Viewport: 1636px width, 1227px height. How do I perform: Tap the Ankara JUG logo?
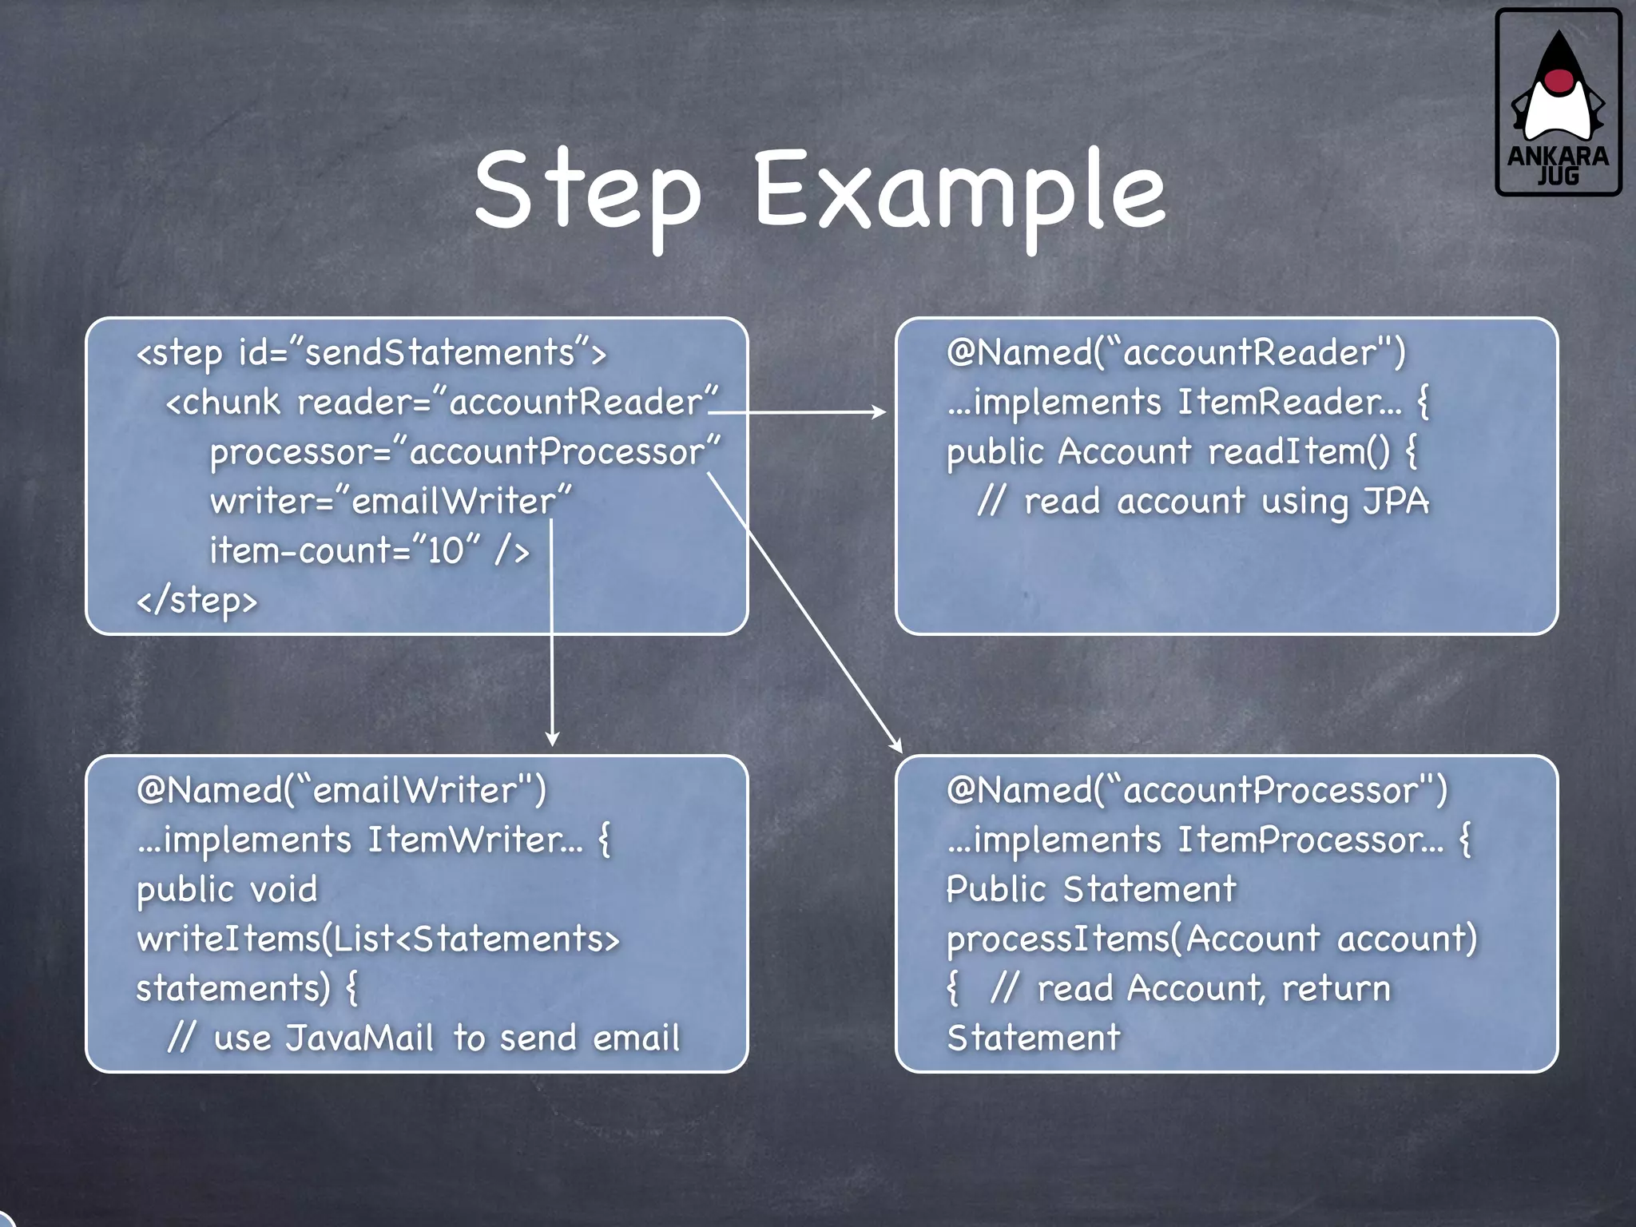point(1558,102)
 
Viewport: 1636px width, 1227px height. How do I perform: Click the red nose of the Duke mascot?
point(1558,80)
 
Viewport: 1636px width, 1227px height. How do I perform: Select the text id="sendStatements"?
point(407,352)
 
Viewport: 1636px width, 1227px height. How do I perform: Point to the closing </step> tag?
point(197,601)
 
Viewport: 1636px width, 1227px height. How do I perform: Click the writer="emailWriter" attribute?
point(391,501)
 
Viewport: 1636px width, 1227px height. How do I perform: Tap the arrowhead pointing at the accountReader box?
point(880,412)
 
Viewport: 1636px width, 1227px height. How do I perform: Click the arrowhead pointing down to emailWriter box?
point(552,739)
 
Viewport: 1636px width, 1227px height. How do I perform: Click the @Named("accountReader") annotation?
point(1175,352)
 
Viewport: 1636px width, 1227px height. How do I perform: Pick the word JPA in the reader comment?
point(1396,501)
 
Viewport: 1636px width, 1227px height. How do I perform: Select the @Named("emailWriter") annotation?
point(341,790)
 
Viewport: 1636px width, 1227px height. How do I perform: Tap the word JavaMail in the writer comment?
point(359,1038)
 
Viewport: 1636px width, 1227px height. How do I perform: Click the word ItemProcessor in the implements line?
point(1310,840)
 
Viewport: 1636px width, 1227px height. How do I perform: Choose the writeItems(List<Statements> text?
point(378,939)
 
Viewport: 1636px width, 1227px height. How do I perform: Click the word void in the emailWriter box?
point(284,889)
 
